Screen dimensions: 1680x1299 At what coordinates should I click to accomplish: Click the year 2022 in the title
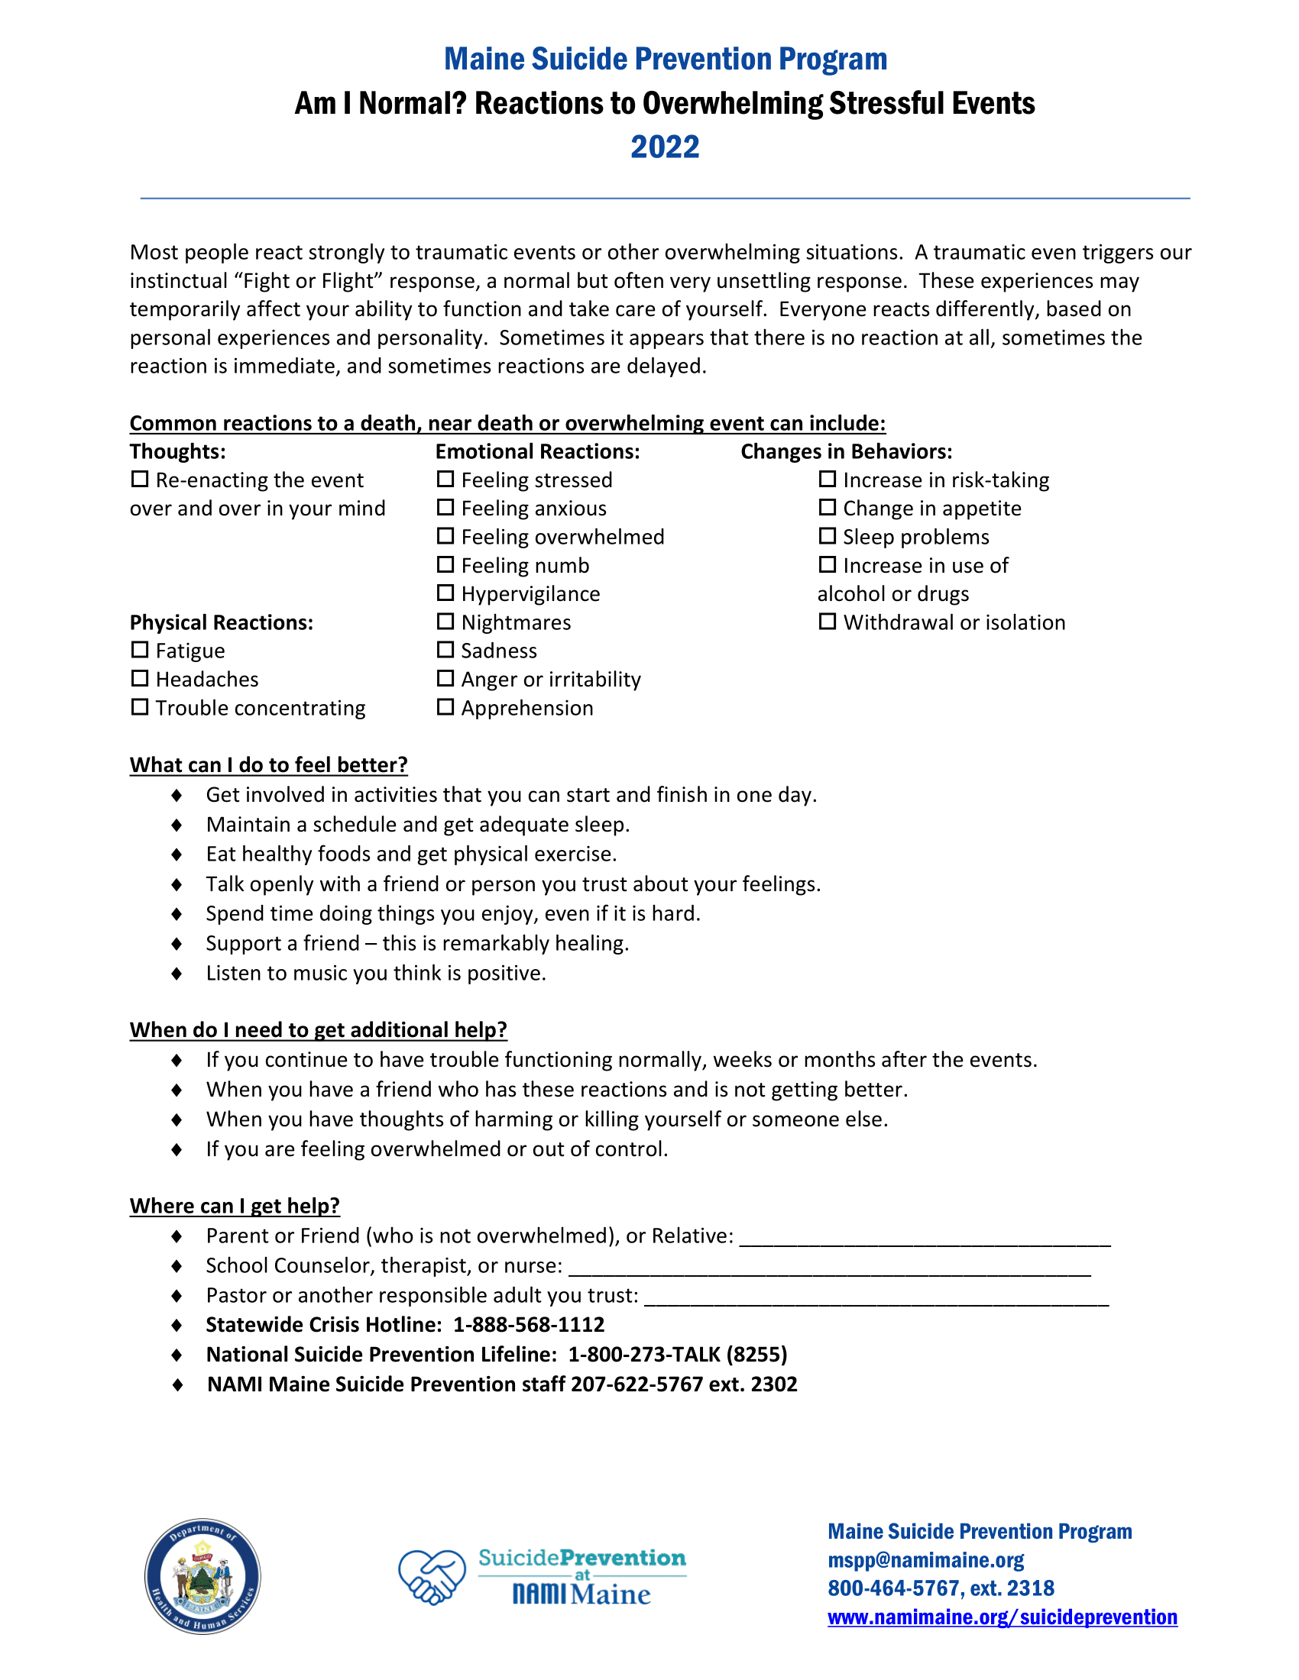coord(664,147)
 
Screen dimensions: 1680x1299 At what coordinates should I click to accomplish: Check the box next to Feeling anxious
coord(445,508)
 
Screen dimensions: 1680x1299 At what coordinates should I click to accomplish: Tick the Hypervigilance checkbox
coord(445,593)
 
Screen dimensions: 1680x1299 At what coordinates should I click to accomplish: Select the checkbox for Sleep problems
coord(827,536)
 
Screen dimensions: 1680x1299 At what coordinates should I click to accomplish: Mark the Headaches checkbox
coord(139,678)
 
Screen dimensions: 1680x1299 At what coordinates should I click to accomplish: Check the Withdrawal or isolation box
coord(827,622)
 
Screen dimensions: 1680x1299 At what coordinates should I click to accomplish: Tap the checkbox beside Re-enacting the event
coord(139,480)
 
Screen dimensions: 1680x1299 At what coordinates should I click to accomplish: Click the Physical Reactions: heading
coord(221,622)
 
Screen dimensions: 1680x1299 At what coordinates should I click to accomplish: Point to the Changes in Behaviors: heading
coord(846,451)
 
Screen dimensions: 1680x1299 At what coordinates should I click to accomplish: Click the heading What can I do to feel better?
coord(267,764)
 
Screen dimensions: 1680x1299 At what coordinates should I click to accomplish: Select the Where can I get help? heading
coord(234,1205)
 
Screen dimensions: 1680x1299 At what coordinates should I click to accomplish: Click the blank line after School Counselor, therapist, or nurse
coord(829,1267)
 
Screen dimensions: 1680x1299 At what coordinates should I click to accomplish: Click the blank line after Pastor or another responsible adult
coord(876,1297)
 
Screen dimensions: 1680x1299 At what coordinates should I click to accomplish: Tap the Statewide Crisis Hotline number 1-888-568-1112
coord(528,1325)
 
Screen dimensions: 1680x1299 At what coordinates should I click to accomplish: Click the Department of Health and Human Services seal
coord(202,1576)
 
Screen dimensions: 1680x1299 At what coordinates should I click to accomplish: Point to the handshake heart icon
coord(432,1577)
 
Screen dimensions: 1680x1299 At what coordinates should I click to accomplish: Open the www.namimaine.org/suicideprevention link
coord(1002,1617)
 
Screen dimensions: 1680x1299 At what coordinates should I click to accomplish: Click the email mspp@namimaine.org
coord(925,1560)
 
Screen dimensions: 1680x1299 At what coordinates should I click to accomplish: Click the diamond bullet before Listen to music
coord(177,974)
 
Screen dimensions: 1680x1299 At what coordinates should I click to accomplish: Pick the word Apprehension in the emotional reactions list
coord(527,708)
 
